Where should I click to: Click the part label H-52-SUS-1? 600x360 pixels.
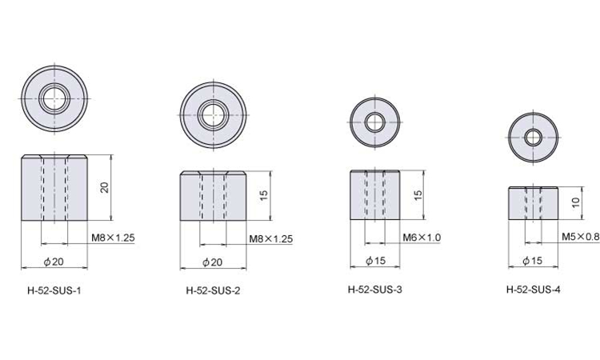point(54,290)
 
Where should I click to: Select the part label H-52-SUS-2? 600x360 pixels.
point(213,290)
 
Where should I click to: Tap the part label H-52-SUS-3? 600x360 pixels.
point(375,290)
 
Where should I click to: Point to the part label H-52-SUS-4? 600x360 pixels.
point(534,290)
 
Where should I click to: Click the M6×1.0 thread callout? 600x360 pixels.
point(422,238)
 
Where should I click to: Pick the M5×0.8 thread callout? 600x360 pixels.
point(581,237)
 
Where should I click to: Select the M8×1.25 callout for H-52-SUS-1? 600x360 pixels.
point(114,238)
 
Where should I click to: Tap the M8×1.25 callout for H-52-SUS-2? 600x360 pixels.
point(271,239)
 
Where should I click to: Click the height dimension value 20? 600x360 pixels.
point(104,187)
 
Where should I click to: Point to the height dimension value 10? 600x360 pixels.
point(576,202)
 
